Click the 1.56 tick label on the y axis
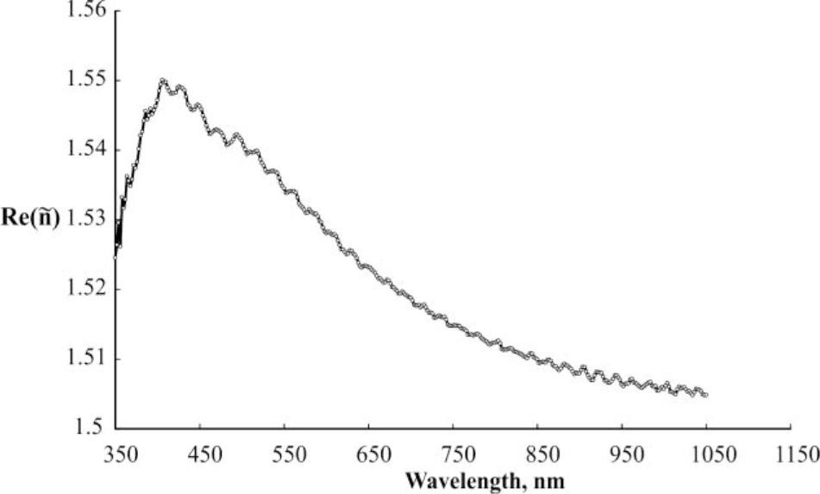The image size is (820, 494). click(85, 10)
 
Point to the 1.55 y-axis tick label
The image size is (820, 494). click(85, 80)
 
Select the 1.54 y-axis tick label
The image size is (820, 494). click(85, 150)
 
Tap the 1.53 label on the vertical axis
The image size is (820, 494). click(85, 219)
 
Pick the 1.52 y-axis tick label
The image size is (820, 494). click(85, 289)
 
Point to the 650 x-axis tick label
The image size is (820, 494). click(369, 452)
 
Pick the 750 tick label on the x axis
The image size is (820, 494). click(454, 452)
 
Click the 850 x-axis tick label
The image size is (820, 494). click(537, 452)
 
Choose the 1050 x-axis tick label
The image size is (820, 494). click(706, 452)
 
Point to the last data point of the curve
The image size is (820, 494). click(705, 395)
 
